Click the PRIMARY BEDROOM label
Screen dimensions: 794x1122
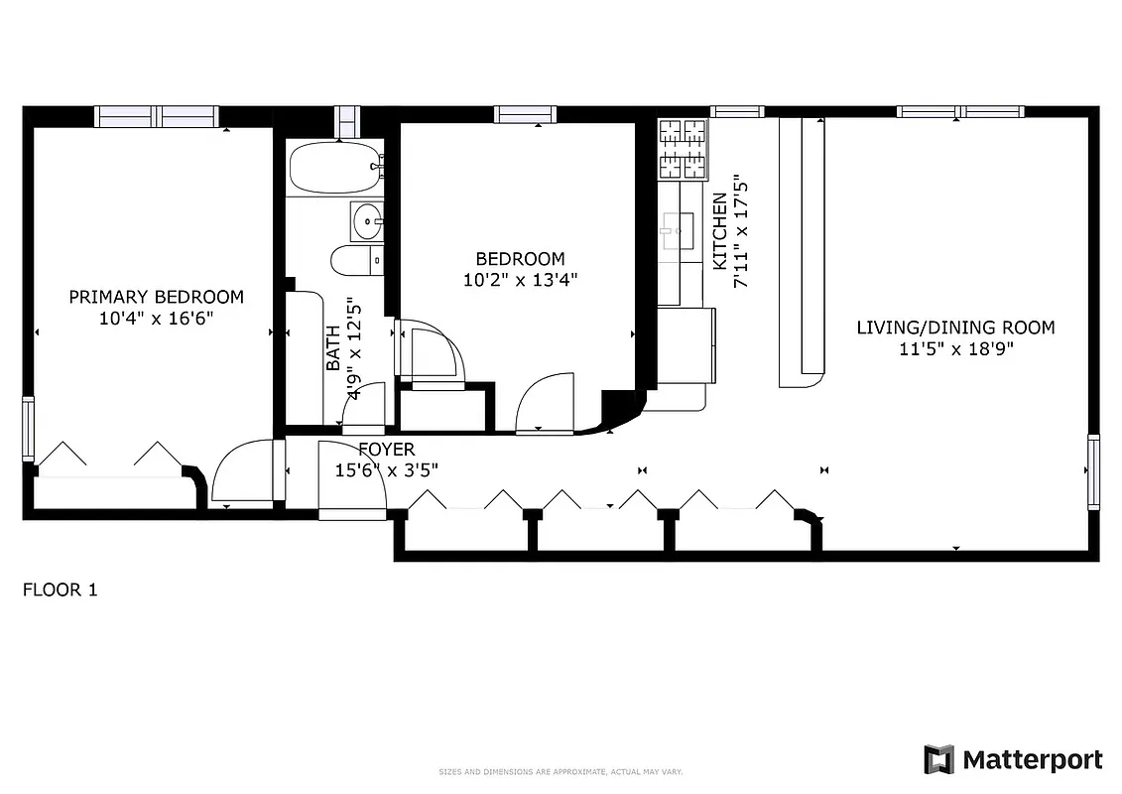coord(156,297)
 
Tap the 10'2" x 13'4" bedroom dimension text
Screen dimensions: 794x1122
coord(520,280)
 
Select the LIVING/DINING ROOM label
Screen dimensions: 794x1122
coord(955,328)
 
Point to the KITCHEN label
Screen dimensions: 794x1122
coord(720,231)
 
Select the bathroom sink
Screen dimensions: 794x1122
coord(367,220)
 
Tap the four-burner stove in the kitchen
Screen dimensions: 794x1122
coord(684,149)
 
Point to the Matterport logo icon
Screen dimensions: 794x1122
coord(938,759)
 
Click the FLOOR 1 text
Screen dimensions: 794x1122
coord(60,591)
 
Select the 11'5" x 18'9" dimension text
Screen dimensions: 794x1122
coord(955,348)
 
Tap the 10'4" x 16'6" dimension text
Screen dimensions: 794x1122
coord(156,318)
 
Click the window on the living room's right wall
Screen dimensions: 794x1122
coord(1093,471)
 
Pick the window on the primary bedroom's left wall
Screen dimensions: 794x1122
coord(28,430)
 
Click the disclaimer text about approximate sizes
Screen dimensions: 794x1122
coord(561,772)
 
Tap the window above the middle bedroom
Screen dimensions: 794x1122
coord(526,115)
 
